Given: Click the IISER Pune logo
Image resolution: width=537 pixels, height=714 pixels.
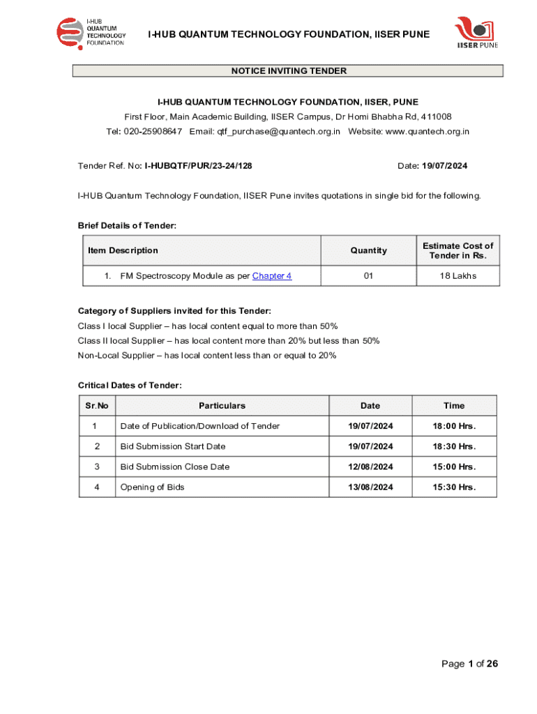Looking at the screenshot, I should coord(477,33).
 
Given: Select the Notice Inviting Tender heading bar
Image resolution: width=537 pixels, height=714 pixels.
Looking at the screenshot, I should coord(288,71).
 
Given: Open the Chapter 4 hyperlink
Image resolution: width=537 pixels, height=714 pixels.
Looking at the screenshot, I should coord(272,276).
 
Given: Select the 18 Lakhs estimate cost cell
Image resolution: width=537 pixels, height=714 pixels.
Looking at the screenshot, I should coord(457,276).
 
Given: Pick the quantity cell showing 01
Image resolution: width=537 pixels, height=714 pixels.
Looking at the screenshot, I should coord(368,276).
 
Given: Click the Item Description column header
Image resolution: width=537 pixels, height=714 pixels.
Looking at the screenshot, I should coord(123,250).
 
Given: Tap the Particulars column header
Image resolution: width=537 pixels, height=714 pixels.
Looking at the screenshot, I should coord(222,406).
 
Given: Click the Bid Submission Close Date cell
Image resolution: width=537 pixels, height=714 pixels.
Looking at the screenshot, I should coord(175,466).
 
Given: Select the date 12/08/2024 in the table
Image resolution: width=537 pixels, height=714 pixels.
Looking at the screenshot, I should coord(370,466).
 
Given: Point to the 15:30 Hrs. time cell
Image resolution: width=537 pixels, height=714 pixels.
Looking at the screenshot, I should coord(454,487).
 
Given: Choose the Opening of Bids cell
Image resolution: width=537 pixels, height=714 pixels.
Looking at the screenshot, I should coord(153,487).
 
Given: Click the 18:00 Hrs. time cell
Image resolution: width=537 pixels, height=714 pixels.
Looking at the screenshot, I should coord(454,426).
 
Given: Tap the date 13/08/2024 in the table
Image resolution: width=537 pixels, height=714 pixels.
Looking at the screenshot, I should coord(370,487).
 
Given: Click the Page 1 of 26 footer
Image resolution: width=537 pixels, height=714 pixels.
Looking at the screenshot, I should coord(469,664).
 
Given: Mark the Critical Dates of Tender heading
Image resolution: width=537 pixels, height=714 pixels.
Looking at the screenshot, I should coord(130,386).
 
